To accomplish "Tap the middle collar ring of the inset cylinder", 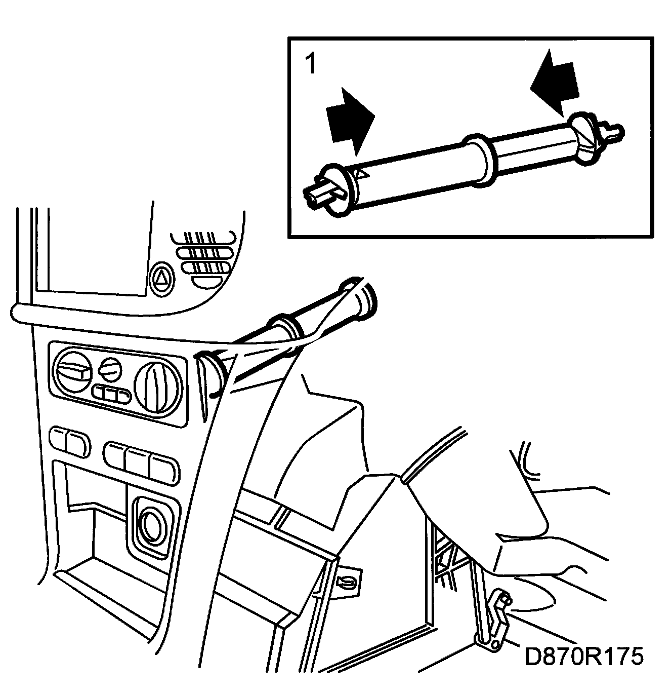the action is [x=479, y=160].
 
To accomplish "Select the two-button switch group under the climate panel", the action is [x=69, y=441].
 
